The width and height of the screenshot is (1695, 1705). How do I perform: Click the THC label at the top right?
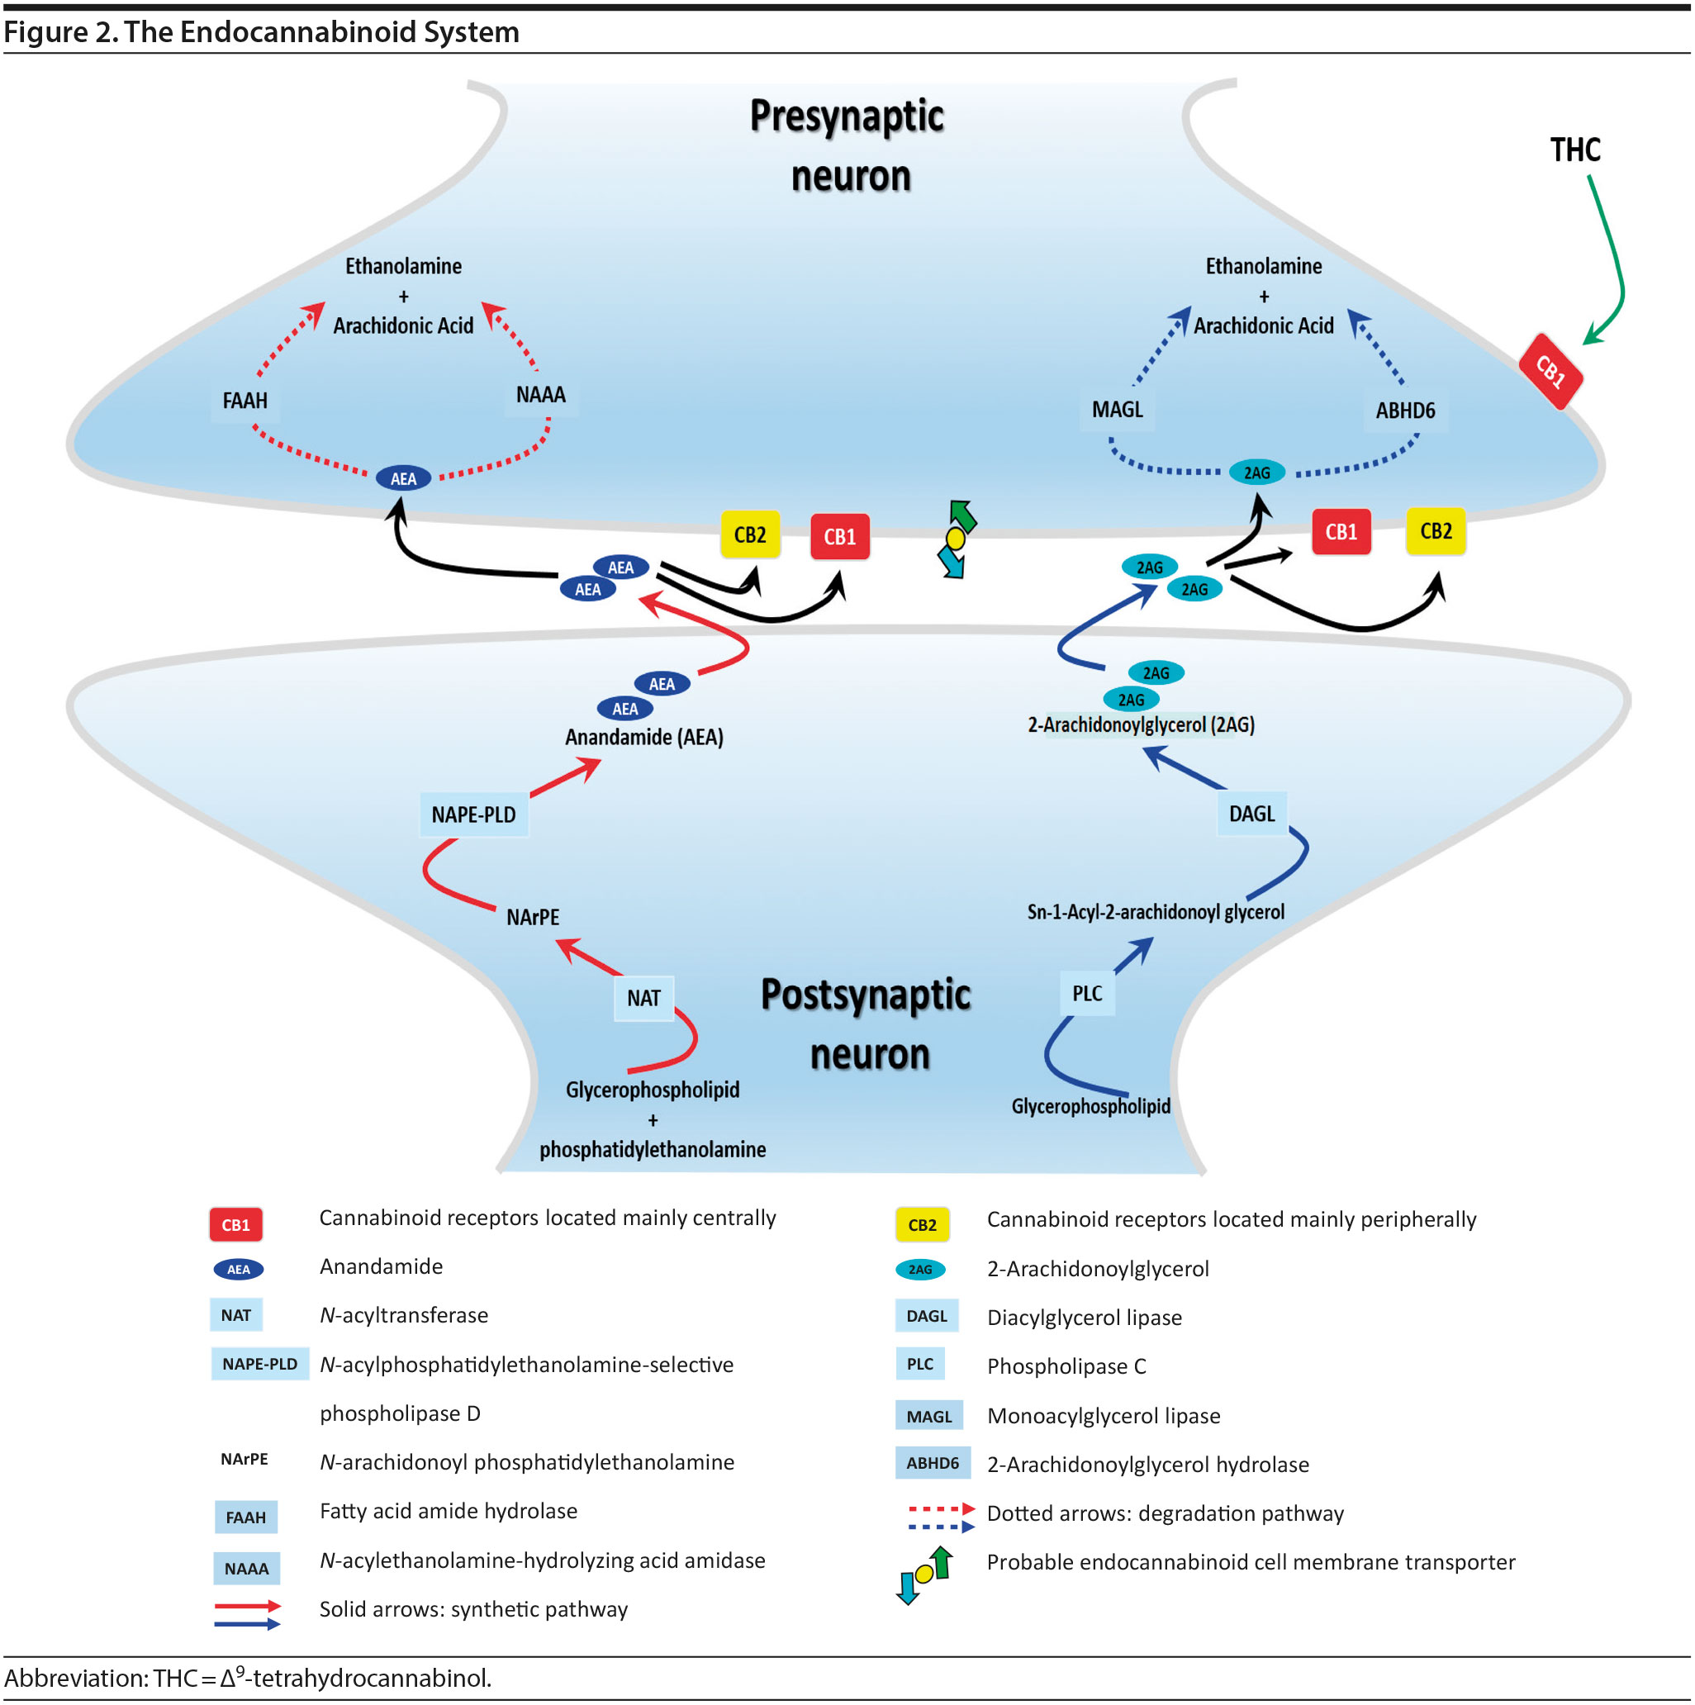(x=1574, y=150)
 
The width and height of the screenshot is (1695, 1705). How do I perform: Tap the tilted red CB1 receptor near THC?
(x=1550, y=372)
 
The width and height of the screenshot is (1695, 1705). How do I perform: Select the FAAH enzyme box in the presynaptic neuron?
(x=245, y=401)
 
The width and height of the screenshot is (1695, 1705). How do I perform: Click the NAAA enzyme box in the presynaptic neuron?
(x=540, y=395)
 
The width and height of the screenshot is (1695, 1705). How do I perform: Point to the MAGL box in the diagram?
(x=1116, y=410)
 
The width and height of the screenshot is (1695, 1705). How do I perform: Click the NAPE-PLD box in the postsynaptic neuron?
(x=473, y=815)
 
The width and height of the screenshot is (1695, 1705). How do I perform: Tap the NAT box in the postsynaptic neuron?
(x=643, y=998)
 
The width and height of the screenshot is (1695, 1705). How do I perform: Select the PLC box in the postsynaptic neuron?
(x=1086, y=994)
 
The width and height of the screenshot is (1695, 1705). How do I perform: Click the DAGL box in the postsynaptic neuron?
(x=1251, y=814)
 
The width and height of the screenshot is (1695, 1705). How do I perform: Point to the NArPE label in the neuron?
(x=532, y=917)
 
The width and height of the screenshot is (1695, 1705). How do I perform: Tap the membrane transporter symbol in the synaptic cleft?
(x=956, y=539)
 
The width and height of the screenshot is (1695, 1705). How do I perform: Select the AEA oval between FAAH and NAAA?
(x=403, y=478)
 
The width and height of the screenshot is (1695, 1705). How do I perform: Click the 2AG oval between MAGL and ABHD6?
(x=1256, y=473)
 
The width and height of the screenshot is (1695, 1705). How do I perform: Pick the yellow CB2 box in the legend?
(x=921, y=1224)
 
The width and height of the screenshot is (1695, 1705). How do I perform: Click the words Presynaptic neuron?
(x=847, y=145)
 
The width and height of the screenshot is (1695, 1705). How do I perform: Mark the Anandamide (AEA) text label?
(x=643, y=737)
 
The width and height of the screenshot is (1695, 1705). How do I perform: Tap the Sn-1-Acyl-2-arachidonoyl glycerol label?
(x=1154, y=912)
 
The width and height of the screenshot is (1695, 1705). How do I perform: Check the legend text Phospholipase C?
(x=1066, y=1366)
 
